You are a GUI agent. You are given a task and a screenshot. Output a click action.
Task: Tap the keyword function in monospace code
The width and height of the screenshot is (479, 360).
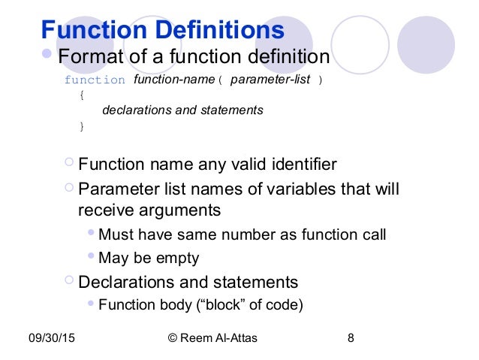95,80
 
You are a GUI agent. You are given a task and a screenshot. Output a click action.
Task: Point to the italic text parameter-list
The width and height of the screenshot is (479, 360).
270,79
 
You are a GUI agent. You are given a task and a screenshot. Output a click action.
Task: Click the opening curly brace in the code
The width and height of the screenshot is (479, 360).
82,95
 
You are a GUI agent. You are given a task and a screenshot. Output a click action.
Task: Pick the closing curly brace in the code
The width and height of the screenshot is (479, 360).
82,126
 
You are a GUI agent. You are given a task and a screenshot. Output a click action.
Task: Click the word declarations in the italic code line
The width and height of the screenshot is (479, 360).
137,110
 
